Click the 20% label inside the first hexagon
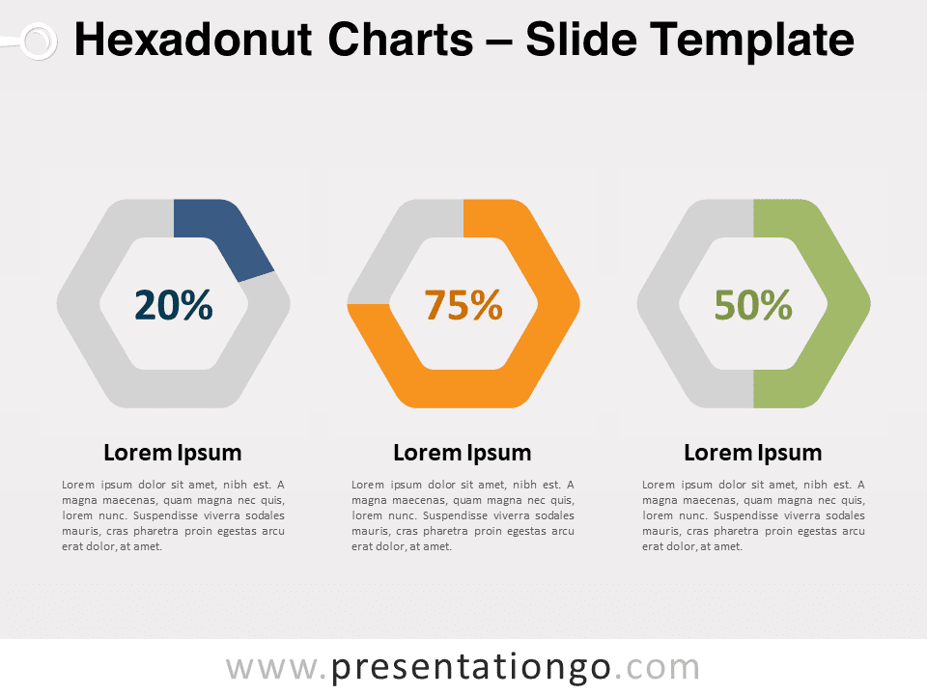(x=173, y=305)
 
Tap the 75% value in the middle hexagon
(x=463, y=305)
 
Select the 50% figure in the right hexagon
(x=753, y=305)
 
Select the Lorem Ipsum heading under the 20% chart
(x=173, y=454)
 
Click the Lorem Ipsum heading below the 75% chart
(x=463, y=454)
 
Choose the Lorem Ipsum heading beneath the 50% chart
(x=752, y=454)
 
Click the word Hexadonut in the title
(x=193, y=40)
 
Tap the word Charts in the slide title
(x=400, y=40)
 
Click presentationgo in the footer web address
(x=470, y=668)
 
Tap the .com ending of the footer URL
(x=657, y=668)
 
